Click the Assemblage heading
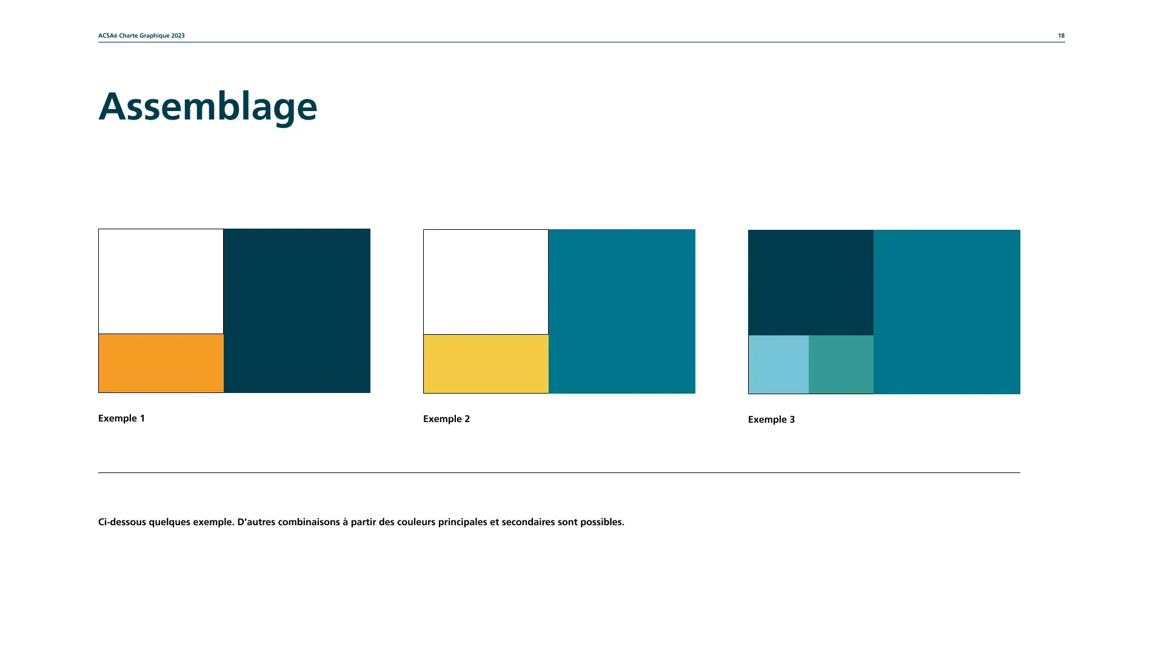pos(208,107)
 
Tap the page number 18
pos(1061,36)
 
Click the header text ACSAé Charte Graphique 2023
pos(141,36)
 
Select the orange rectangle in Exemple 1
pos(161,363)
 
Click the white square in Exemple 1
pos(161,281)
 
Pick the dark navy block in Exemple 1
pos(297,311)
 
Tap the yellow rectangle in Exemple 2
pos(486,364)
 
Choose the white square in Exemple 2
pos(486,282)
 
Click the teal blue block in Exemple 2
pos(622,311)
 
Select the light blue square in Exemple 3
pos(778,364)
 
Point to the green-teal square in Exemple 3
pos(841,364)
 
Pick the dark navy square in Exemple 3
pos(811,283)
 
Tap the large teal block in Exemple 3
pos(947,312)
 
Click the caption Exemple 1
pos(121,418)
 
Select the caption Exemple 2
pos(446,419)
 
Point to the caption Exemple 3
pos(771,420)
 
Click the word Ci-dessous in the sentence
pos(122,522)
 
